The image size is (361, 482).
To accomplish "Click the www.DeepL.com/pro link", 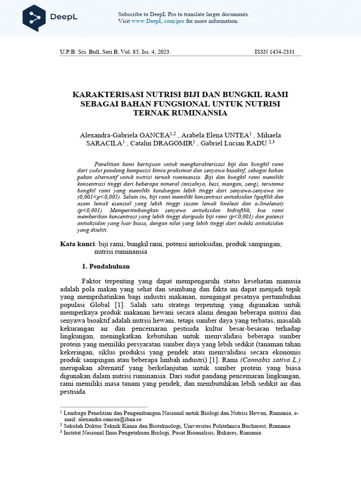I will [x=158, y=21].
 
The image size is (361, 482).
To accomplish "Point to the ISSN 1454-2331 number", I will [x=275, y=52].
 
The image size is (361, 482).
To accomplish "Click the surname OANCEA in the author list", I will [x=155, y=135].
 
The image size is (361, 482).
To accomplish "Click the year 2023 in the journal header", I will [x=163, y=52].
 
